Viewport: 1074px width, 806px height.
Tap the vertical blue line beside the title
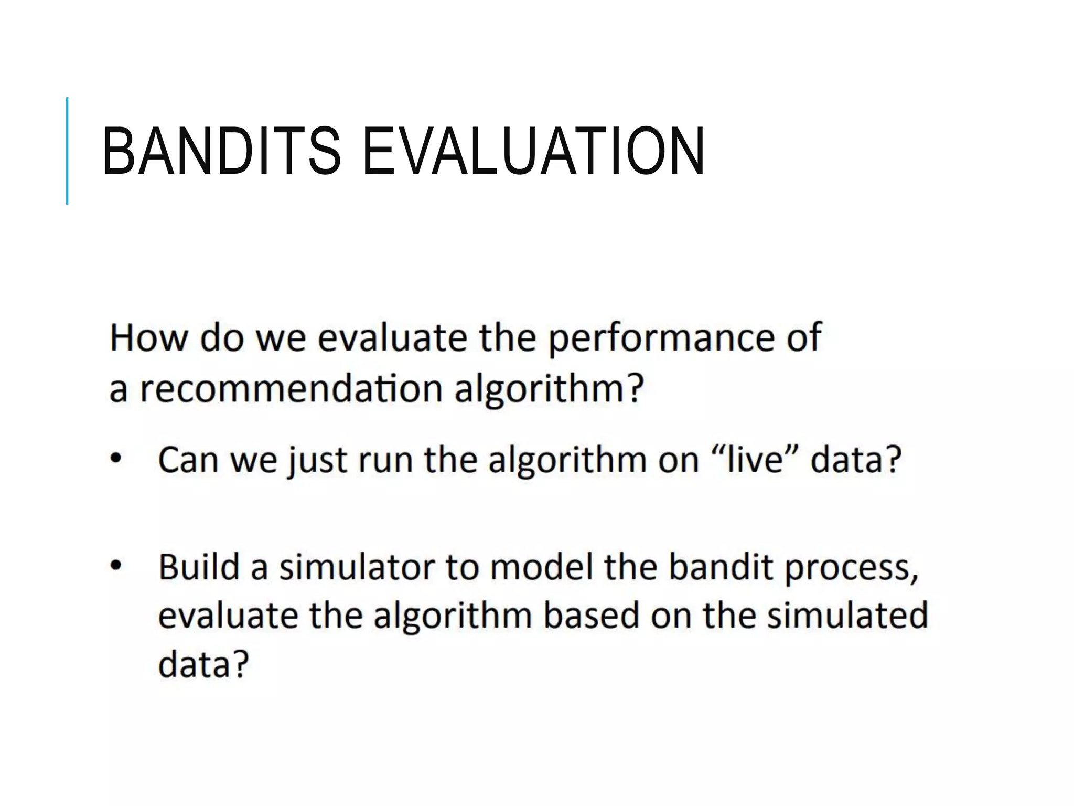pos(67,151)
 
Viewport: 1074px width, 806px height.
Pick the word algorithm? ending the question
pos(549,390)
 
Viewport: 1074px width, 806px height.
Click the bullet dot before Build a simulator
pos(115,566)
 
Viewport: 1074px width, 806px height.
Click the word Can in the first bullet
pos(188,460)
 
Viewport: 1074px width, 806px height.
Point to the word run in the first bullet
pos(386,460)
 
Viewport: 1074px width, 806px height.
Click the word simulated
pos(847,616)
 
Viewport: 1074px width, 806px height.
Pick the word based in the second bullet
pos(590,616)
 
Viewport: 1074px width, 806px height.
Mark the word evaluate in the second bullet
pos(228,616)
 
